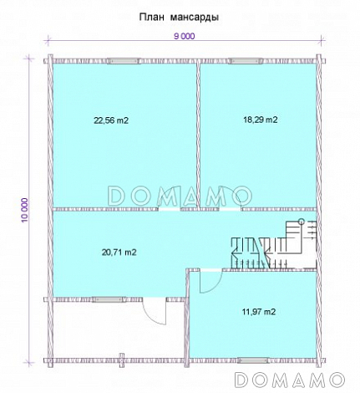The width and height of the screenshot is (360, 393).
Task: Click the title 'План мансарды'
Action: [x=179, y=18]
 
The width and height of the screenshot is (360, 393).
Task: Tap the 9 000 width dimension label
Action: [x=185, y=36]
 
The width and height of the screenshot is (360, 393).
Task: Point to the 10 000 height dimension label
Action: [x=25, y=210]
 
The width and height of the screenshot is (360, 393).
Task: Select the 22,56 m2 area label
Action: [x=111, y=120]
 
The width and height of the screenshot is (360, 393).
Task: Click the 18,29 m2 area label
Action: [x=261, y=120]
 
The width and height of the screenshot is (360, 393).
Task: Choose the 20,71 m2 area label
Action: [x=119, y=253]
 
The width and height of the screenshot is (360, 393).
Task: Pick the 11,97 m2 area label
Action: [x=259, y=312]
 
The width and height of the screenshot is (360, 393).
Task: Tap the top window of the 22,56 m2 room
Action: [x=124, y=61]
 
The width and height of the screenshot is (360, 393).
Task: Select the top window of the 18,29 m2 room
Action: [x=246, y=61]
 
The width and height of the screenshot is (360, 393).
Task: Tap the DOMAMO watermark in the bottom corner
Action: [x=290, y=380]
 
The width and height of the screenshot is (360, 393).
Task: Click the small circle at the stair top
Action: [x=301, y=222]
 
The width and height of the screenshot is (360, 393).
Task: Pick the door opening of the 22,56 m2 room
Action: [x=170, y=209]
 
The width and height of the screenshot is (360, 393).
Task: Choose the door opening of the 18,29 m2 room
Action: [x=230, y=209]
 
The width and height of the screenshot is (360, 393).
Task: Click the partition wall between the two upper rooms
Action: [x=198, y=135]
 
